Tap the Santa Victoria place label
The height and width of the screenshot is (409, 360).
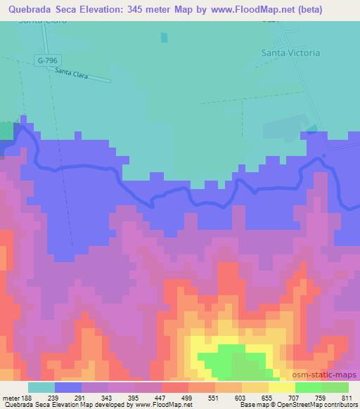[290, 53]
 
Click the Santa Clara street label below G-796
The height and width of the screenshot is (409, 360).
[70, 72]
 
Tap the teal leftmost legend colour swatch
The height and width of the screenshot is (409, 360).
[41, 387]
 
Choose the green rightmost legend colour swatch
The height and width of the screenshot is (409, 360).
[335, 387]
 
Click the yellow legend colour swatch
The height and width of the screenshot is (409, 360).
[282, 387]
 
